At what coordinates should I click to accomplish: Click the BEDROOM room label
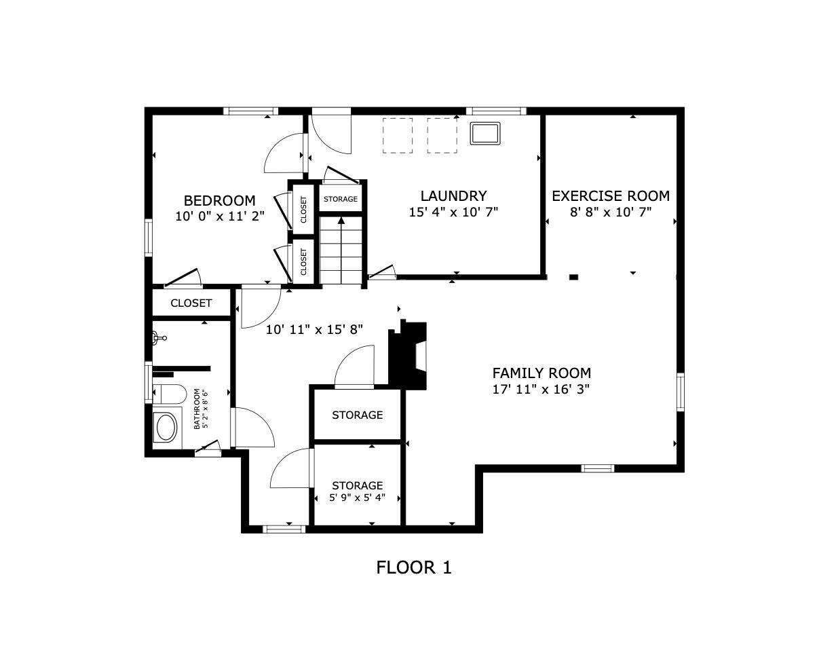tap(219, 201)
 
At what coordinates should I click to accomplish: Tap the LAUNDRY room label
tap(453, 196)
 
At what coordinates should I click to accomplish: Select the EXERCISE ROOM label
tap(611, 196)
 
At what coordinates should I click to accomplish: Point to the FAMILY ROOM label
tap(541, 373)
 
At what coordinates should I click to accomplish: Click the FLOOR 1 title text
tap(414, 568)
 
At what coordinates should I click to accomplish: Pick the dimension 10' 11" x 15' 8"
tap(314, 330)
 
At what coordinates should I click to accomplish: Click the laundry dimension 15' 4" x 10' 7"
tap(453, 212)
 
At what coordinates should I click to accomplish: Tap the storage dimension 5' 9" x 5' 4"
tap(358, 498)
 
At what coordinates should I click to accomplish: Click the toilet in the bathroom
tap(170, 394)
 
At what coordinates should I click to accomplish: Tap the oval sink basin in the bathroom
tap(167, 428)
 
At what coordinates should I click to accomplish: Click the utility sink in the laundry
tap(484, 134)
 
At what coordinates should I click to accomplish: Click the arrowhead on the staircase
tap(341, 221)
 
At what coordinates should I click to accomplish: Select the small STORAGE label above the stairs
tap(341, 199)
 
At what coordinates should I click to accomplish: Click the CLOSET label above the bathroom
tap(191, 303)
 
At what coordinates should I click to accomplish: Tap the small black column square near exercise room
tap(574, 277)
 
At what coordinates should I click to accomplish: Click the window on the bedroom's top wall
tap(251, 111)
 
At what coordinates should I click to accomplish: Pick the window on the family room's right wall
tap(680, 392)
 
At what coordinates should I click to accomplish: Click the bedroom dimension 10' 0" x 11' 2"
tap(219, 217)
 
